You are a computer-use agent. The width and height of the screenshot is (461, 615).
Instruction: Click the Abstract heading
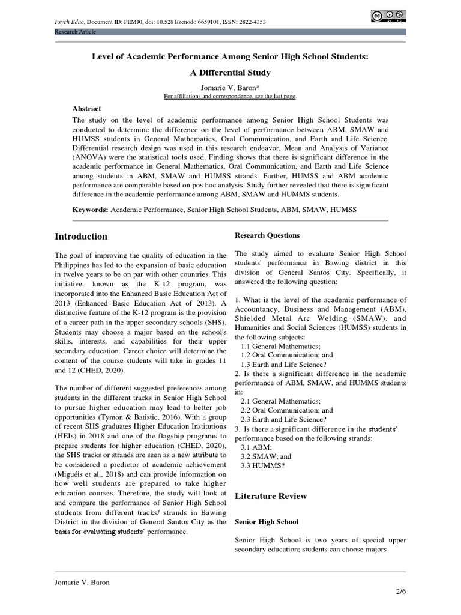(x=86, y=109)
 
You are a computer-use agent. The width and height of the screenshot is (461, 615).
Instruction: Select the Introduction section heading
(x=81, y=237)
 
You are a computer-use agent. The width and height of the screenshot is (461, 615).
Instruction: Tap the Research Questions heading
(x=267, y=235)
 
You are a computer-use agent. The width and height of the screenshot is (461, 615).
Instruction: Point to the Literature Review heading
(x=271, y=496)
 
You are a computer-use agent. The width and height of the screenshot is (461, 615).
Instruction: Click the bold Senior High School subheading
(x=266, y=522)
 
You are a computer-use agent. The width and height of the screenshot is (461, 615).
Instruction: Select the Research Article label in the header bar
(x=75, y=32)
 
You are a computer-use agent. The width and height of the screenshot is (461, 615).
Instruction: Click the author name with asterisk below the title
(x=230, y=87)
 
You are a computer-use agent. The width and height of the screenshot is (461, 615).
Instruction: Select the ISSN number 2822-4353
(x=250, y=22)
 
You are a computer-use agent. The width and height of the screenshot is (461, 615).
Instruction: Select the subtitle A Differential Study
(x=230, y=73)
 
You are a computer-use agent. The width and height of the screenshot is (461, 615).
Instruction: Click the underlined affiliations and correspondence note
(x=230, y=96)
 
